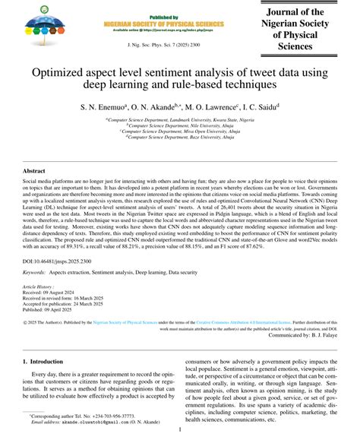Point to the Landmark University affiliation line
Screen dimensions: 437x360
pos(180,120)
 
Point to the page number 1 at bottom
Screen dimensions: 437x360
pos(179,429)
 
